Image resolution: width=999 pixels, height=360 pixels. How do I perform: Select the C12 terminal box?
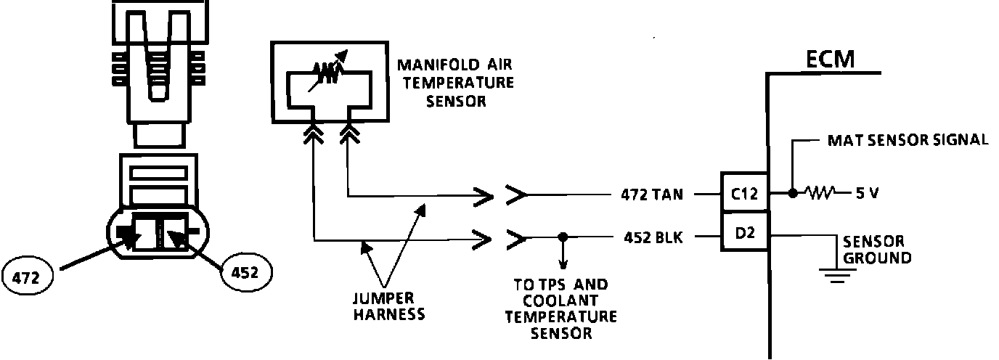click(x=743, y=194)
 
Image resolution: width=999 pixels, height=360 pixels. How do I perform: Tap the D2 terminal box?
click(x=743, y=234)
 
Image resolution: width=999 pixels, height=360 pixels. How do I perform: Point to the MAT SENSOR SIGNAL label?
click(x=908, y=140)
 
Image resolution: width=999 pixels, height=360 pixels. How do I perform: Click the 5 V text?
click(x=868, y=195)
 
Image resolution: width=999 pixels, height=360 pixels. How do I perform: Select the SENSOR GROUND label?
click(x=873, y=249)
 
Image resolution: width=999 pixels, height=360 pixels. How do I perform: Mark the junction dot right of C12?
click(x=792, y=194)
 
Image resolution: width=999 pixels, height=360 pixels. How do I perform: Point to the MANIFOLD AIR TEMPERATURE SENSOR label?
click(x=455, y=82)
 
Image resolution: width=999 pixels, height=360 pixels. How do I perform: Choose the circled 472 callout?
click(x=28, y=276)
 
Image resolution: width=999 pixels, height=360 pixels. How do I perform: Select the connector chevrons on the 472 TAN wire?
click(x=501, y=195)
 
